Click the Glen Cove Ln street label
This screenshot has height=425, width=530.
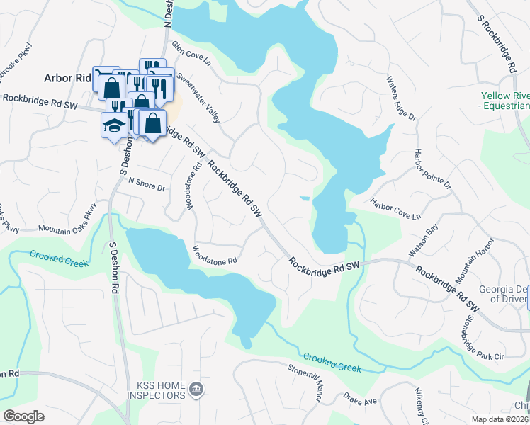pyautogui.click(x=192, y=55)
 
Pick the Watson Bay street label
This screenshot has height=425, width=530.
pyautogui.click(x=423, y=241)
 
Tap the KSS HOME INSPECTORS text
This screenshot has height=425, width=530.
pyautogui.click(x=156, y=390)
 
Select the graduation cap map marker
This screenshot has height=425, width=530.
pyautogui.click(x=114, y=125)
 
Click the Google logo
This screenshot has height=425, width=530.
pyautogui.click(x=24, y=416)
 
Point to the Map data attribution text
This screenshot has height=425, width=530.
pyautogui.click(x=498, y=419)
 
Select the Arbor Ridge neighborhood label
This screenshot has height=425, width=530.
pyautogui.click(x=68, y=79)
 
